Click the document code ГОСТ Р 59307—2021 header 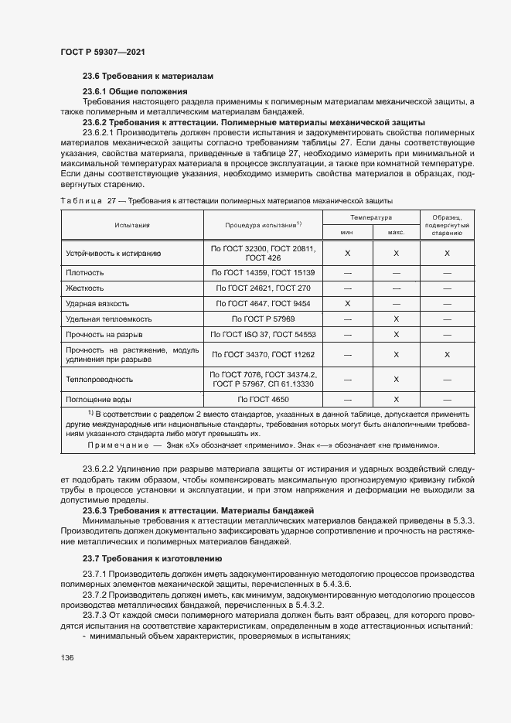point(102,52)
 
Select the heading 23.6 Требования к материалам point(147,76)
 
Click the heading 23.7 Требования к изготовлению point(152,558)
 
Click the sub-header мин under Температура point(347,231)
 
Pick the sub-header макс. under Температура point(396,231)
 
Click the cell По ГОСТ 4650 point(263,400)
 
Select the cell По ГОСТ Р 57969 point(263,319)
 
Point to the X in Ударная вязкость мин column point(347,304)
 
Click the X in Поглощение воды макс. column point(396,400)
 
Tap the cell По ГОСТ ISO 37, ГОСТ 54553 point(263,334)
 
